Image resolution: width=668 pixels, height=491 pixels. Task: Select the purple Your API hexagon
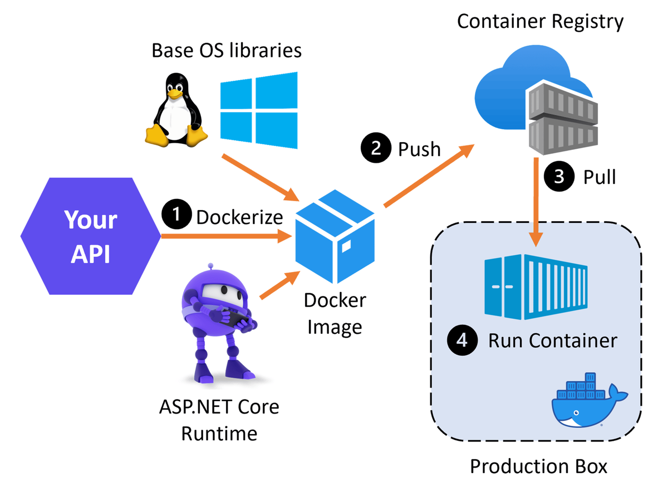[x=90, y=236]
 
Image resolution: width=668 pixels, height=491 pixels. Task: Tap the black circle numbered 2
[x=376, y=149]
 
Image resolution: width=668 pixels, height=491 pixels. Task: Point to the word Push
[x=419, y=149]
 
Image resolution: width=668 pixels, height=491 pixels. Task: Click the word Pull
[x=600, y=177]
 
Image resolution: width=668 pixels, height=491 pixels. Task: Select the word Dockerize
[x=239, y=217]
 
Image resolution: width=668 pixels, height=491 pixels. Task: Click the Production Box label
[x=538, y=466]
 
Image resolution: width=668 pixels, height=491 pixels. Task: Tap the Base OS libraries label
[x=227, y=51]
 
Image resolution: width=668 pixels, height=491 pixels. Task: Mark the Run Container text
[x=553, y=341]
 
